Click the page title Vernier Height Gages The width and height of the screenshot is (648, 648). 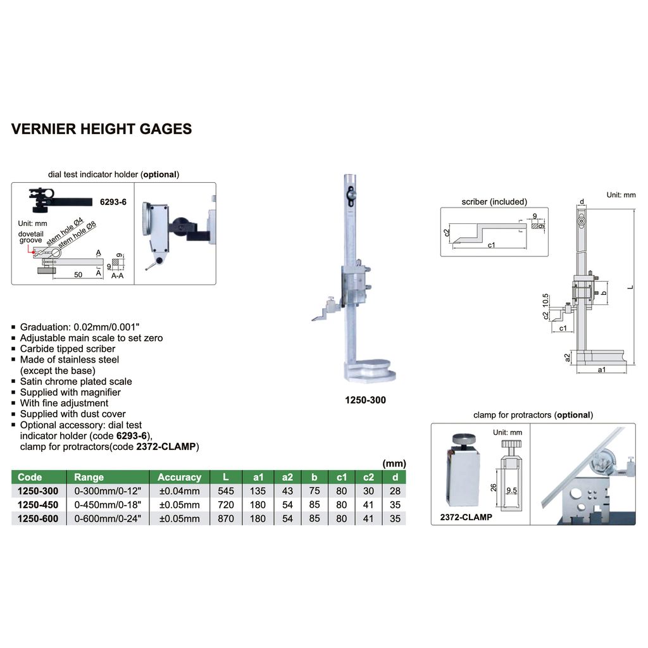coord(101,129)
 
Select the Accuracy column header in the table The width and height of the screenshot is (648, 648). coord(179,477)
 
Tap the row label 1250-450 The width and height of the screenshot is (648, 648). coord(38,505)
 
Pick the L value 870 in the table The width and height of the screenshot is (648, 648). coord(226,519)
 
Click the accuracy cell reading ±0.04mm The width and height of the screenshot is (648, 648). coord(179,491)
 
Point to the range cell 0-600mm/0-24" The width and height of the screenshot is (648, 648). coord(107,519)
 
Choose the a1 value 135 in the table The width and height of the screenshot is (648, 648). coord(257,491)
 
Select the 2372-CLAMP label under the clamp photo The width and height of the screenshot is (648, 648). coord(466,517)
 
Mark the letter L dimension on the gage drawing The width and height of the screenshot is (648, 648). coord(630,287)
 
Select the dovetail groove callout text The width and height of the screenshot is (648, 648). coord(30,236)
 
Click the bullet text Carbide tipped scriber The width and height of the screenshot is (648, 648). coord(67,349)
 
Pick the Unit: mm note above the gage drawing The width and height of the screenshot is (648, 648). coord(620,195)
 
